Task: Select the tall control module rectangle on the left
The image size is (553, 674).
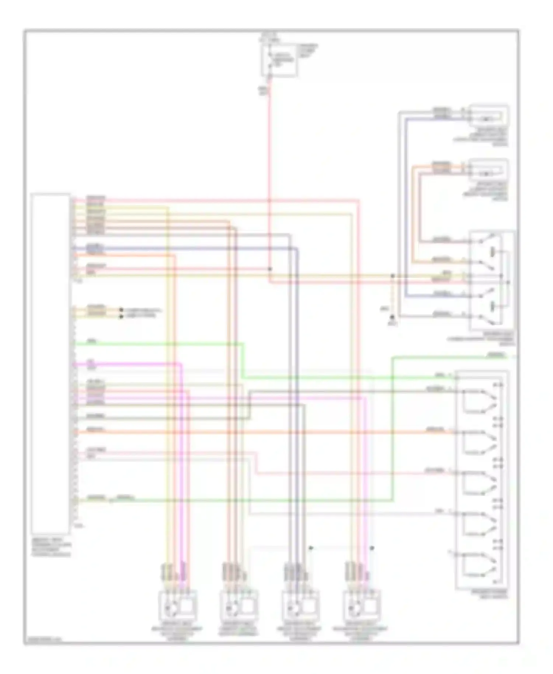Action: tap(51, 363)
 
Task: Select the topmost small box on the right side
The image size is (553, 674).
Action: tap(489, 116)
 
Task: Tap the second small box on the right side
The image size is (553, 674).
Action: tap(489, 170)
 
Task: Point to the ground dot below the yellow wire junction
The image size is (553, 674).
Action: tap(393, 317)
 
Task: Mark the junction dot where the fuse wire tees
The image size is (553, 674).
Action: tap(270, 269)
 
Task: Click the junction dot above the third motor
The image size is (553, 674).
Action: tap(311, 548)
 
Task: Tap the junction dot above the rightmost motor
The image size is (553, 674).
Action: tap(372, 548)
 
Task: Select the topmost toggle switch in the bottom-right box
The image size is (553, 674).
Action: tap(479, 400)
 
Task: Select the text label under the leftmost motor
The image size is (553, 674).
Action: tap(177, 633)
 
